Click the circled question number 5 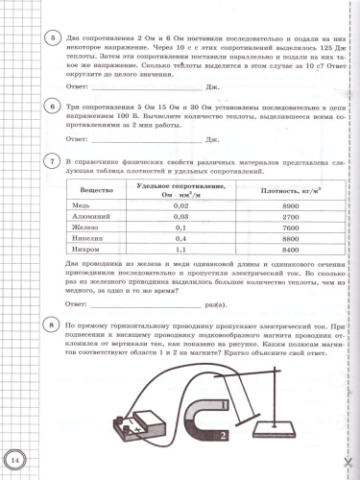(x=36, y=38)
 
